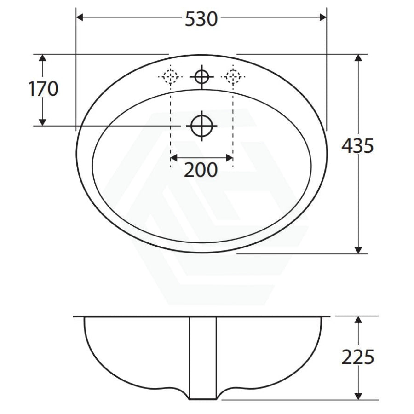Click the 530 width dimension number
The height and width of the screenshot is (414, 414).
click(x=201, y=19)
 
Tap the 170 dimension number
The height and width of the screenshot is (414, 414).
click(x=44, y=89)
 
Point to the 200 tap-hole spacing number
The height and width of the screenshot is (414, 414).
click(x=201, y=170)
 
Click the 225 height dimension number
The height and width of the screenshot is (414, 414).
click(x=357, y=356)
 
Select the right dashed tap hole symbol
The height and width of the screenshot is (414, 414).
click(x=233, y=76)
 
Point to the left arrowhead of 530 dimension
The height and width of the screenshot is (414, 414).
click(x=79, y=17)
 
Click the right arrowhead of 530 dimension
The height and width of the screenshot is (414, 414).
click(x=323, y=17)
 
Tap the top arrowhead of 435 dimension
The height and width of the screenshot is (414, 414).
click(x=358, y=58)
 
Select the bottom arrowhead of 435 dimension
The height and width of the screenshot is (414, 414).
click(x=358, y=249)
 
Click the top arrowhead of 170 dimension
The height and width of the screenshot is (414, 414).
click(x=42, y=58)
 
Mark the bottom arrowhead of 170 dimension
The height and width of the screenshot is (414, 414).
click(x=42, y=121)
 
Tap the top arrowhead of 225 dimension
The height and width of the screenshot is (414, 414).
click(x=358, y=320)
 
